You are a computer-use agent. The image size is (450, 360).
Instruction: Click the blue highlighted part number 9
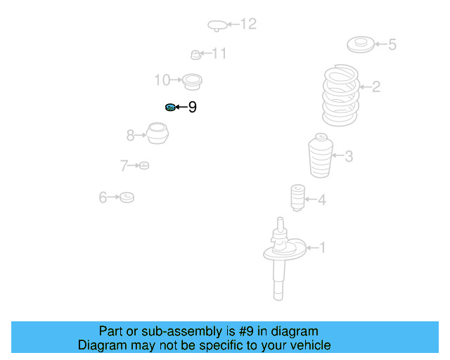click(x=170, y=108)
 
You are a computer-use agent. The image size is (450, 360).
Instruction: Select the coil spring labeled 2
click(x=340, y=95)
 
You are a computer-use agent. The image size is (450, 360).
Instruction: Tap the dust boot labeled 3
click(x=321, y=155)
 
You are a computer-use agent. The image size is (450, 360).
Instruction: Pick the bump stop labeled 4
click(x=298, y=198)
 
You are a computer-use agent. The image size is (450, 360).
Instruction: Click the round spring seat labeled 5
click(x=361, y=44)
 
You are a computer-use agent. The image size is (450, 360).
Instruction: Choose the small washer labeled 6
click(x=127, y=197)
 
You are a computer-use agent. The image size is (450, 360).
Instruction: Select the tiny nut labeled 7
click(x=144, y=165)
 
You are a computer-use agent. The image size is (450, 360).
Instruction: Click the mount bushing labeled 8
click(x=157, y=133)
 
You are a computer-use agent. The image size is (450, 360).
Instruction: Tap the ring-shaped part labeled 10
click(x=192, y=82)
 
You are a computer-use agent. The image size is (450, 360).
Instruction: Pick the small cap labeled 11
click(x=195, y=55)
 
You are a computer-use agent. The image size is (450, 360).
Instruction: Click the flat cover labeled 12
click(x=217, y=25)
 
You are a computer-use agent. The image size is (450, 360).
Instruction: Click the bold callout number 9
click(x=192, y=107)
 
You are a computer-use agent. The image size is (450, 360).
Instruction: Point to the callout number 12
click(x=248, y=24)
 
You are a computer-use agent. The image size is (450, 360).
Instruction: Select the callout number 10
click(x=162, y=80)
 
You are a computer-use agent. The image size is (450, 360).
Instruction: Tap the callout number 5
click(x=392, y=44)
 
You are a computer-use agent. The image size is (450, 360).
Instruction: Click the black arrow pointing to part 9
click(x=181, y=107)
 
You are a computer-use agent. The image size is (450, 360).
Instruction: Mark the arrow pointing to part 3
click(x=338, y=155)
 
